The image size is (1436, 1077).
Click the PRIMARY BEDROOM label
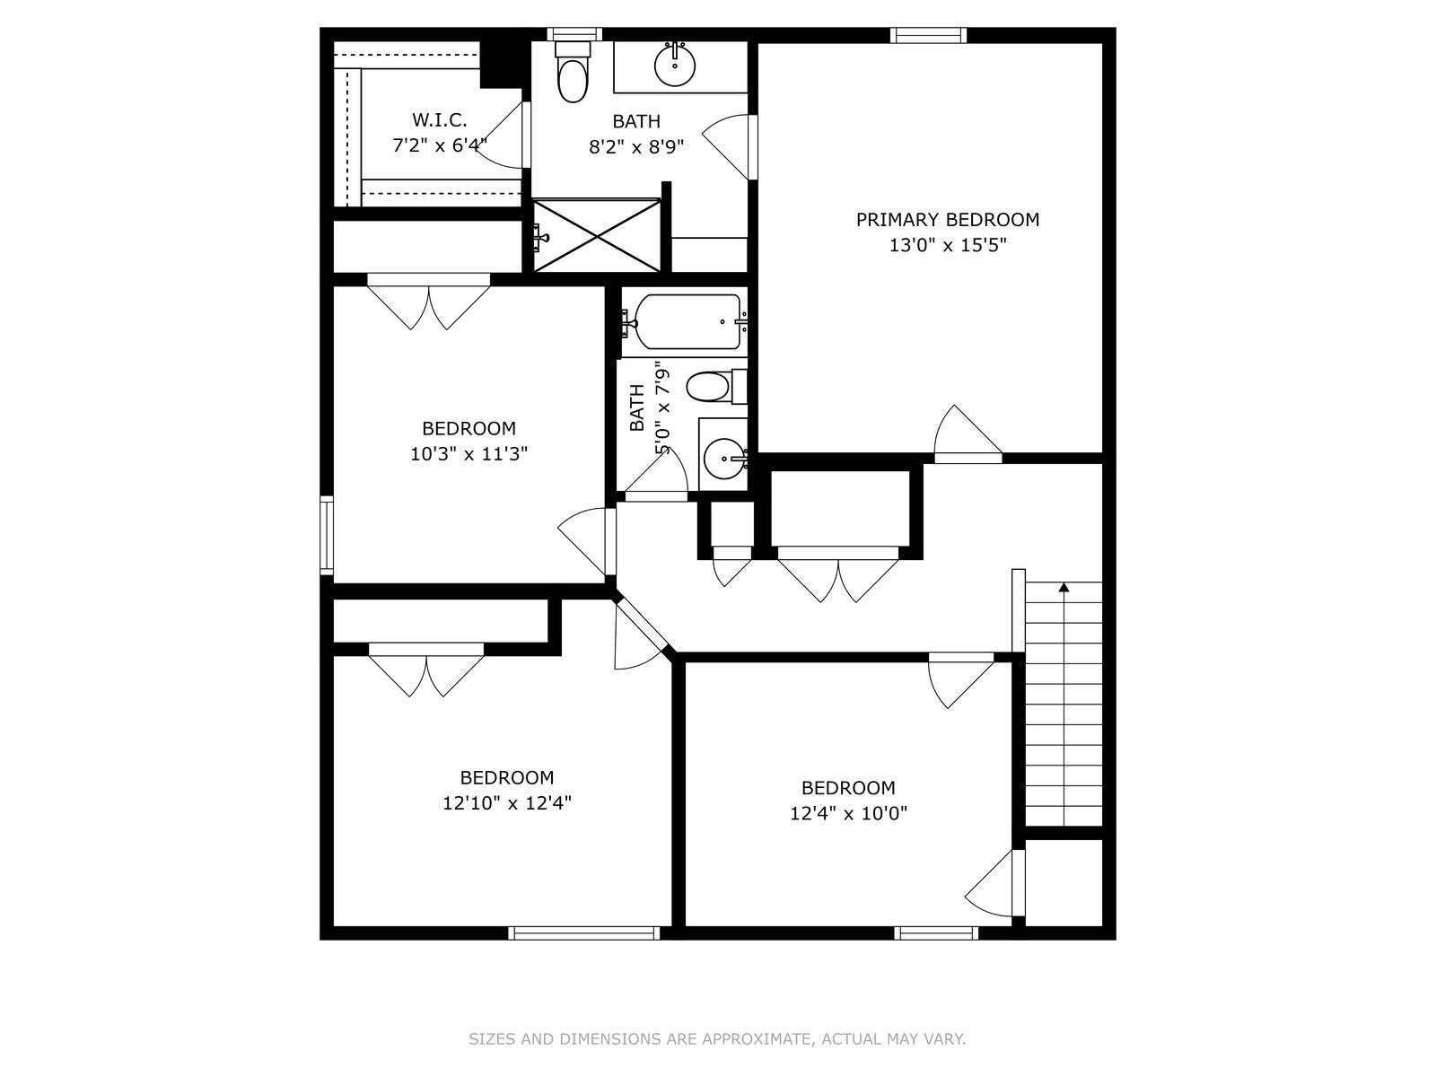tap(947, 220)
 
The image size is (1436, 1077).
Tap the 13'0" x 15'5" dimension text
tap(947, 245)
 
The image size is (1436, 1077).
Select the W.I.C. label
tap(439, 119)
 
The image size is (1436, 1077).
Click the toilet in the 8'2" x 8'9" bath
tap(572, 76)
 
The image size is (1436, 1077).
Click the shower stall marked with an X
tap(597, 235)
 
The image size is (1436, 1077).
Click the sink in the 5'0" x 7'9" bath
tap(723, 460)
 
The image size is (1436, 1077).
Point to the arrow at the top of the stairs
tap(1064, 588)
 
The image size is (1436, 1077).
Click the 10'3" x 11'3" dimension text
tap(468, 454)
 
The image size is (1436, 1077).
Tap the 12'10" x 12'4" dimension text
tap(506, 803)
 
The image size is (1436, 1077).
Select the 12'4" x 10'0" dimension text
tap(848, 813)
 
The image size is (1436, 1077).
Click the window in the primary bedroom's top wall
tap(929, 36)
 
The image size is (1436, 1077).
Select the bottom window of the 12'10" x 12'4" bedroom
tap(583, 933)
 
